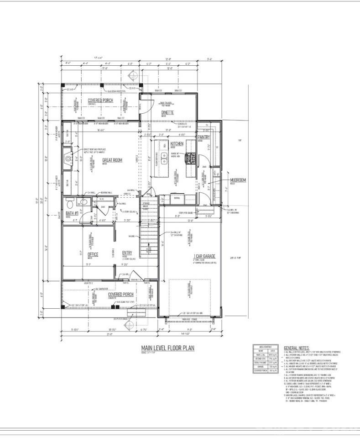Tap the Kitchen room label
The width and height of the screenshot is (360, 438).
click(177, 144)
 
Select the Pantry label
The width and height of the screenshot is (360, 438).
click(203, 137)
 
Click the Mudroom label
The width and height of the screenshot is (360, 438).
click(238, 180)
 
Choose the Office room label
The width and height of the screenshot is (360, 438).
click(93, 254)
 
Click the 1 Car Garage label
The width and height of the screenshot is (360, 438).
click(205, 256)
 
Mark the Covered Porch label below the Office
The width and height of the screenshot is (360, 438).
click(120, 295)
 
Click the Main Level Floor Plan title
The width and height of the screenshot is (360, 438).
click(167, 348)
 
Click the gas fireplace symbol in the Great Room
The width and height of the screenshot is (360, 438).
click(68, 159)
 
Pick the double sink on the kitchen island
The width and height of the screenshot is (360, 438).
click(164, 159)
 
